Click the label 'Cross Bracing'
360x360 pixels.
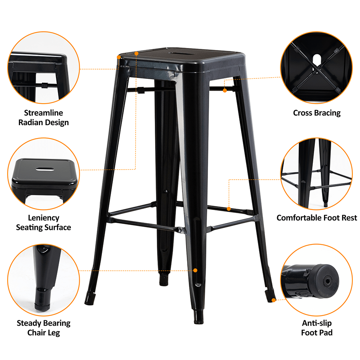coord(317,113)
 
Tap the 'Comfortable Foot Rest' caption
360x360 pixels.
coord(317,218)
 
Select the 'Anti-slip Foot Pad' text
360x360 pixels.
coord(317,328)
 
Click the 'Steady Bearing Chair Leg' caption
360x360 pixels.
coord(44,328)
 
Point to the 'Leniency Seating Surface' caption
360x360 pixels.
coord(44,222)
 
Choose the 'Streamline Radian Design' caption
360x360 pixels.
coord(44,118)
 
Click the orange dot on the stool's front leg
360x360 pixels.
coord(195,270)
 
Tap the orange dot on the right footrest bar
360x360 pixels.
coord(229,208)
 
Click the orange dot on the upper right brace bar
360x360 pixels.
coord(225,91)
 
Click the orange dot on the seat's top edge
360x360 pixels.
coord(136,53)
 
